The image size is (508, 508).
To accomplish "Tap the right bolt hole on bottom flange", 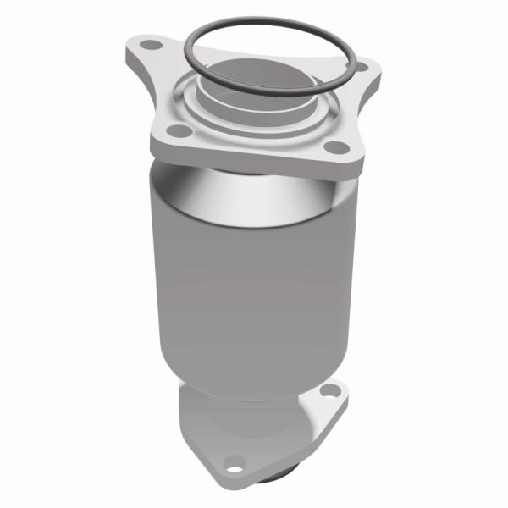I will (331, 392).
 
